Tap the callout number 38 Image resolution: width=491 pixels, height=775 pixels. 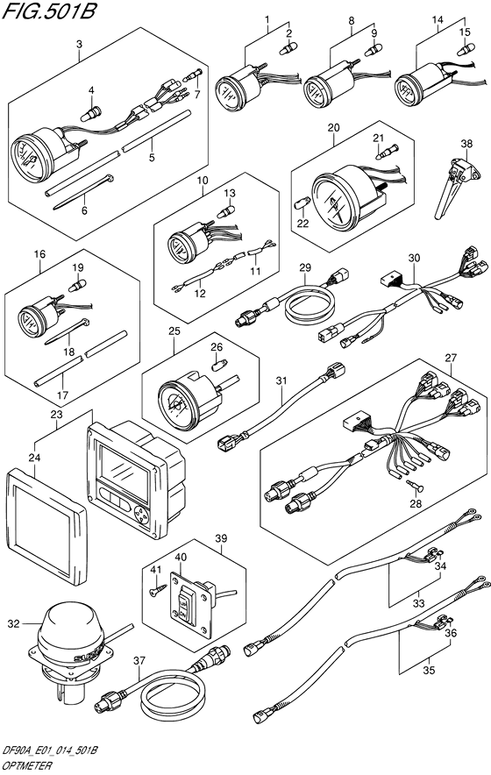(466, 144)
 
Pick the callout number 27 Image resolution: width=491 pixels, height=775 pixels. (451, 358)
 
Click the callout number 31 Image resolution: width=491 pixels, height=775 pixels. (281, 381)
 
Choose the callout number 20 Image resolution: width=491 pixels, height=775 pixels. (334, 127)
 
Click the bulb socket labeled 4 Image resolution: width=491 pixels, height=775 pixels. (90, 114)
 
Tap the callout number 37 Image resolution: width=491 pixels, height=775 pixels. (140, 660)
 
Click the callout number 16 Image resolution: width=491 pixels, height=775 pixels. (39, 254)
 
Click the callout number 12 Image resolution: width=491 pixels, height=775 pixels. (200, 294)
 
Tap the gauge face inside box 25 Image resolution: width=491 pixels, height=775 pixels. (178, 405)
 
